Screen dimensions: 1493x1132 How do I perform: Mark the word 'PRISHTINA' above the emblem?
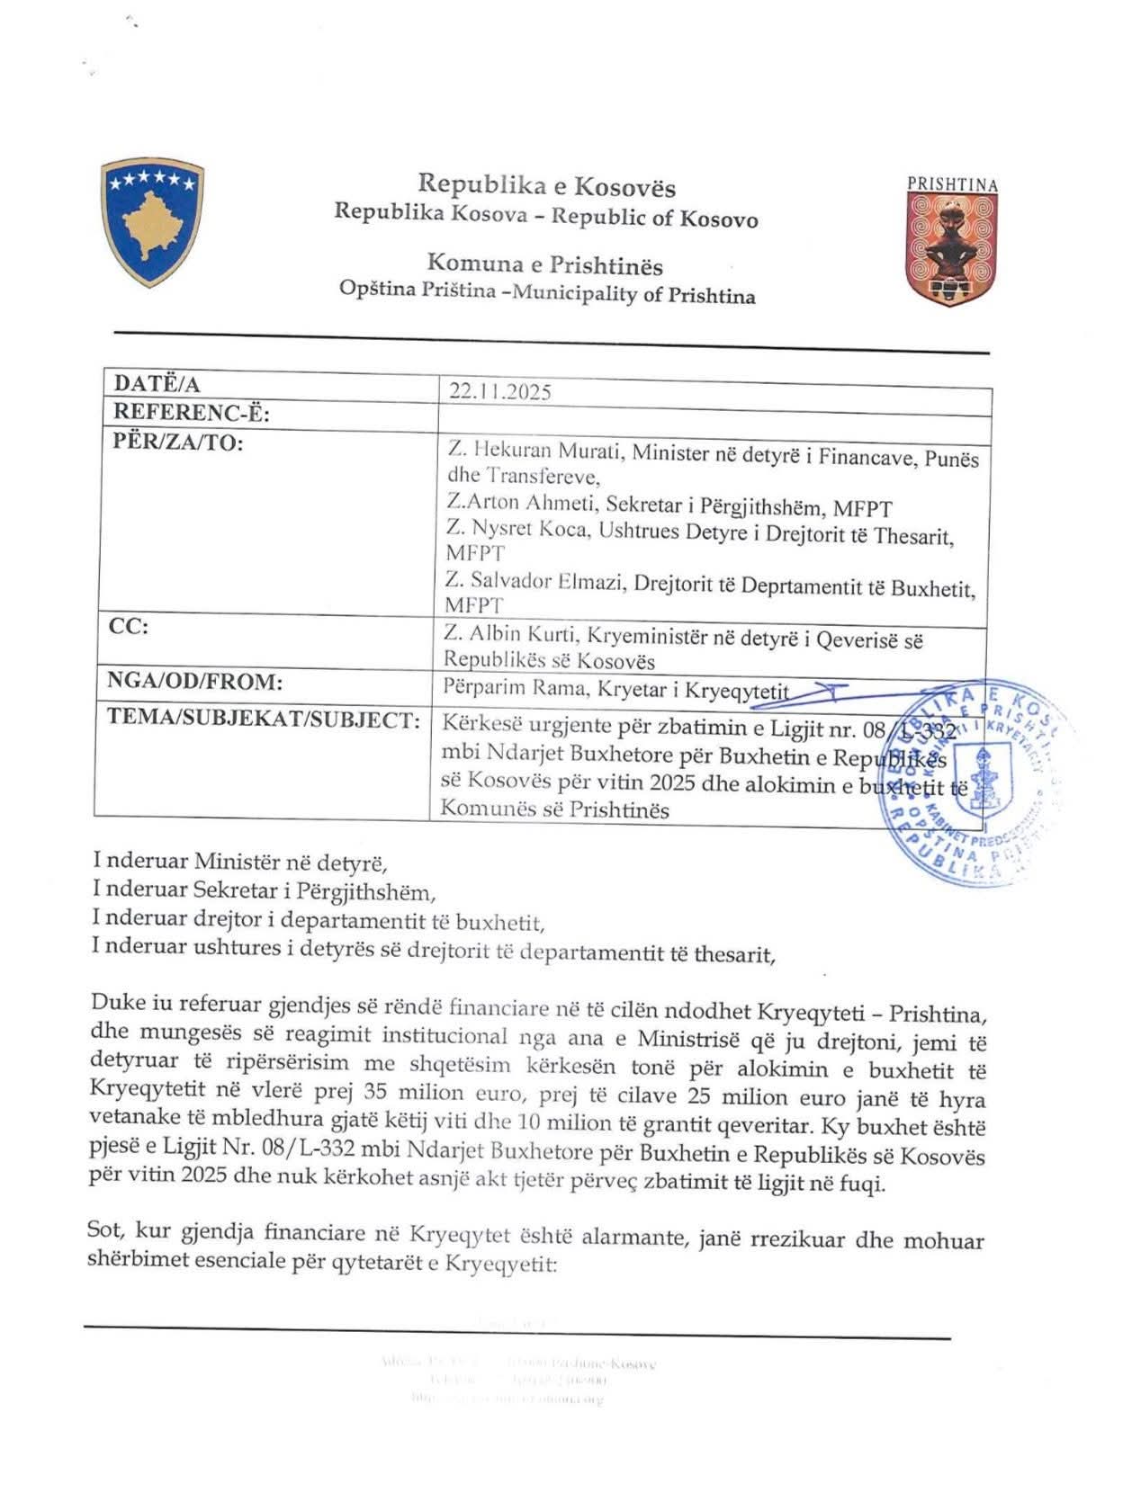(952, 184)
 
